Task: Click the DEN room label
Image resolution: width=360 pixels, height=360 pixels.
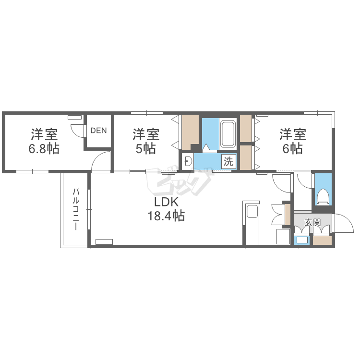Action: tap(98, 131)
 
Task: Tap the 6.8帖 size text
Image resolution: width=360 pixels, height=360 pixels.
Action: tap(44, 149)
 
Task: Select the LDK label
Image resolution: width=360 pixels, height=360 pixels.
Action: tap(166, 202)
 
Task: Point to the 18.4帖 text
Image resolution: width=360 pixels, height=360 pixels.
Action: tap(166, 216)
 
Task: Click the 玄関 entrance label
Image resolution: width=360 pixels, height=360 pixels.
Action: tap(312, 222)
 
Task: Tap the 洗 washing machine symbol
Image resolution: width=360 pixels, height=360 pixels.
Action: tap(228, 161)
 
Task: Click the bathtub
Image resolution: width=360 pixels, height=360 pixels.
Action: tap(228, 134)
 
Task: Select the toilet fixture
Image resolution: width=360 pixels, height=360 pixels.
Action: tap(323, 197)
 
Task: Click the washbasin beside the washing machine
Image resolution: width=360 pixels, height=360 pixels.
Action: tap(188, 161)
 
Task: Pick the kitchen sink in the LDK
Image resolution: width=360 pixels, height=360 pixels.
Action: tap(252, 211)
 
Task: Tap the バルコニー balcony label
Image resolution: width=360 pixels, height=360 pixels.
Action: tap(76, 209)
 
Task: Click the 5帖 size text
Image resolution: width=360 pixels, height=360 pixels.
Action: tap(146, 149)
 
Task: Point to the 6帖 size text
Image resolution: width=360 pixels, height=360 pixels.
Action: tap(292, 149)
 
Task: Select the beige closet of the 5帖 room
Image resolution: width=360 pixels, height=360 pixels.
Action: tap(190, 132)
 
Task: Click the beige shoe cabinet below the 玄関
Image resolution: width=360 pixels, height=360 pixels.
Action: tap(323, 240)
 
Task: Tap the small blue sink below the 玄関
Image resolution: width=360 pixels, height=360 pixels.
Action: tap(302, 240)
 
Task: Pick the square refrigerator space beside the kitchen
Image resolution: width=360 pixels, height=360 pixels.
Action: tap(283, 237)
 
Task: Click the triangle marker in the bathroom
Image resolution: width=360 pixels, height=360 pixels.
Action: tap(206, 147)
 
